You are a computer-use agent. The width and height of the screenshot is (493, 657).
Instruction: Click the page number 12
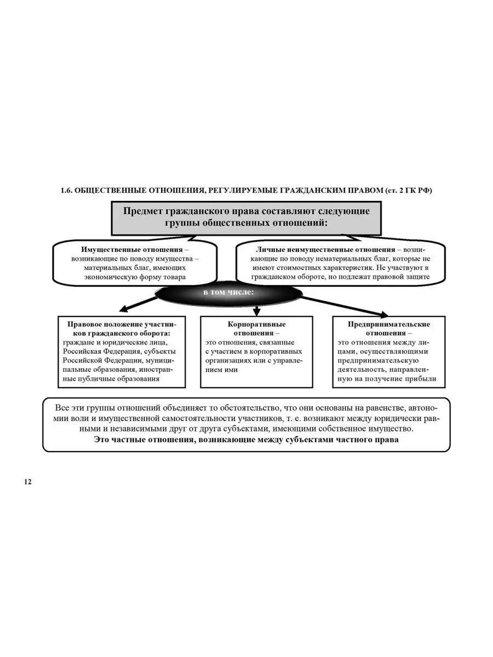pyautogui.click(x=27, y=482)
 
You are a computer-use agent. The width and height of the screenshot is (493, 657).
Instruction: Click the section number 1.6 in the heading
pyautogui.click(x=66, y=191)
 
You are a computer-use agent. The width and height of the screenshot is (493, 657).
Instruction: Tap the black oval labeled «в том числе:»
pyautogui.click(x=228, y=293)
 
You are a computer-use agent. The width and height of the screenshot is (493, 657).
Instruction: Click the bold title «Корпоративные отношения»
pyautogui.click(x=256, y=328)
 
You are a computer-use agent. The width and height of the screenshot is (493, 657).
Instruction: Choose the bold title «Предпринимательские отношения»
pyautogui.click(x=389, y=328)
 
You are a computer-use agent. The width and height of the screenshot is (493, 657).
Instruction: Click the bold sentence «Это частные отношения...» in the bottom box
pyautogui.click(x=246, y=440)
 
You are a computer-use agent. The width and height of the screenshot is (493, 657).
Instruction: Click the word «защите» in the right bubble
pyautogui.click(x=417, y=277)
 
